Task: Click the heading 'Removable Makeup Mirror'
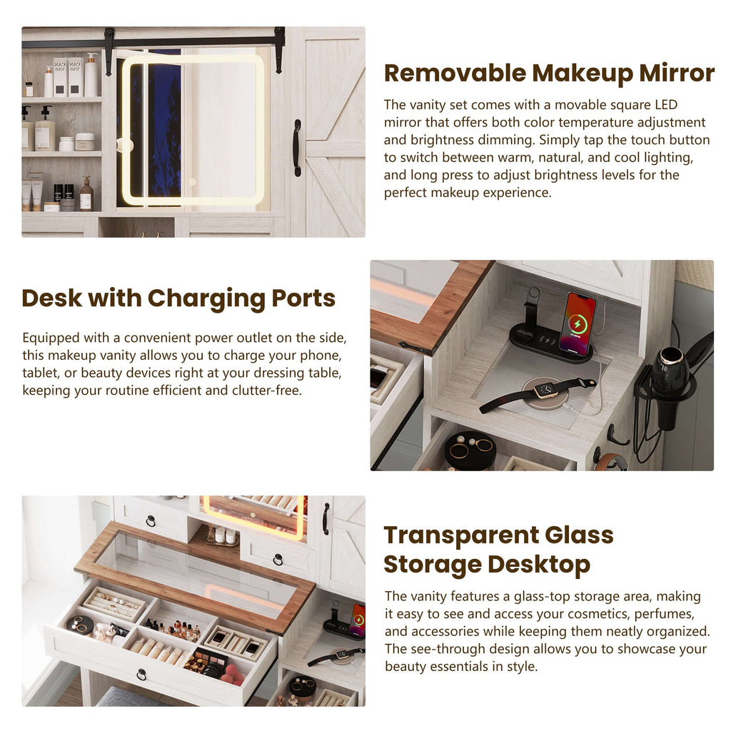click(x=549, y=73)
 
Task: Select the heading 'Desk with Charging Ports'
click(x=178, y=298)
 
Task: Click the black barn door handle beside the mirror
click(x=297, y=147)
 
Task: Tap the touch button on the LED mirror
click(x=192, y=182)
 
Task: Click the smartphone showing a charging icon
click(x=577, y=323)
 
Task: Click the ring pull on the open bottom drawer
click(x=141, y=674)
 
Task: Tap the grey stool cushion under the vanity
click(x=132, y=697)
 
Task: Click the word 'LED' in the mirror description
click(x=665, y=106)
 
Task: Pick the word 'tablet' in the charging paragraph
click(x=40, y=373)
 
